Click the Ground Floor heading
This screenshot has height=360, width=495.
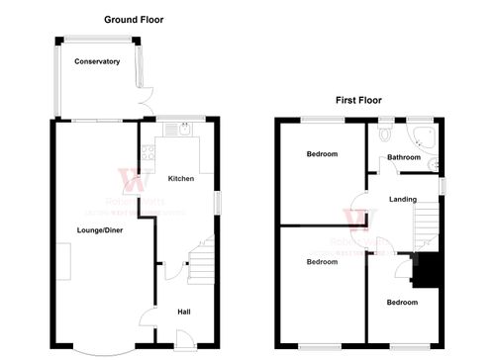point(134,19)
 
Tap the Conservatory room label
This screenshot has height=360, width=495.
point(97,61)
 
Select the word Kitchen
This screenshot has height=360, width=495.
point(180,179)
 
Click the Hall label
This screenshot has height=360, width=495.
point(183,313)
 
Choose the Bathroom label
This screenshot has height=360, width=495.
point(404,157)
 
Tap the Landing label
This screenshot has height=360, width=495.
point(403,200)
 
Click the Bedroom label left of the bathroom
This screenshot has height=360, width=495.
point(322,154)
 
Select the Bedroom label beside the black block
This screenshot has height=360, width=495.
point(402,303)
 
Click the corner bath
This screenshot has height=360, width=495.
point(425,137)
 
